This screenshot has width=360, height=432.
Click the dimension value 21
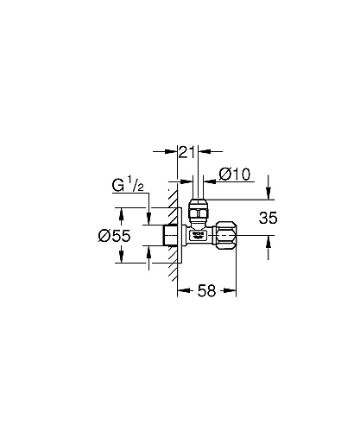[187, 152]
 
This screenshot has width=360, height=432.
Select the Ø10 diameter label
[235, 174]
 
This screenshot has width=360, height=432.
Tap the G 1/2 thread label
[128, 185]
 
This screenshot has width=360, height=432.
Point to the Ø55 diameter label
[114, 236]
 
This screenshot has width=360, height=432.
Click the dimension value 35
[268, 218]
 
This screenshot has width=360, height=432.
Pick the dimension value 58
[206, 290]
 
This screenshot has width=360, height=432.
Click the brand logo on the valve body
[198, 234]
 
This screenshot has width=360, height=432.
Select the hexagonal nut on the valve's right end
[225, 235]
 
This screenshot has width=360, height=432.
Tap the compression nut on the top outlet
[199, 209]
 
